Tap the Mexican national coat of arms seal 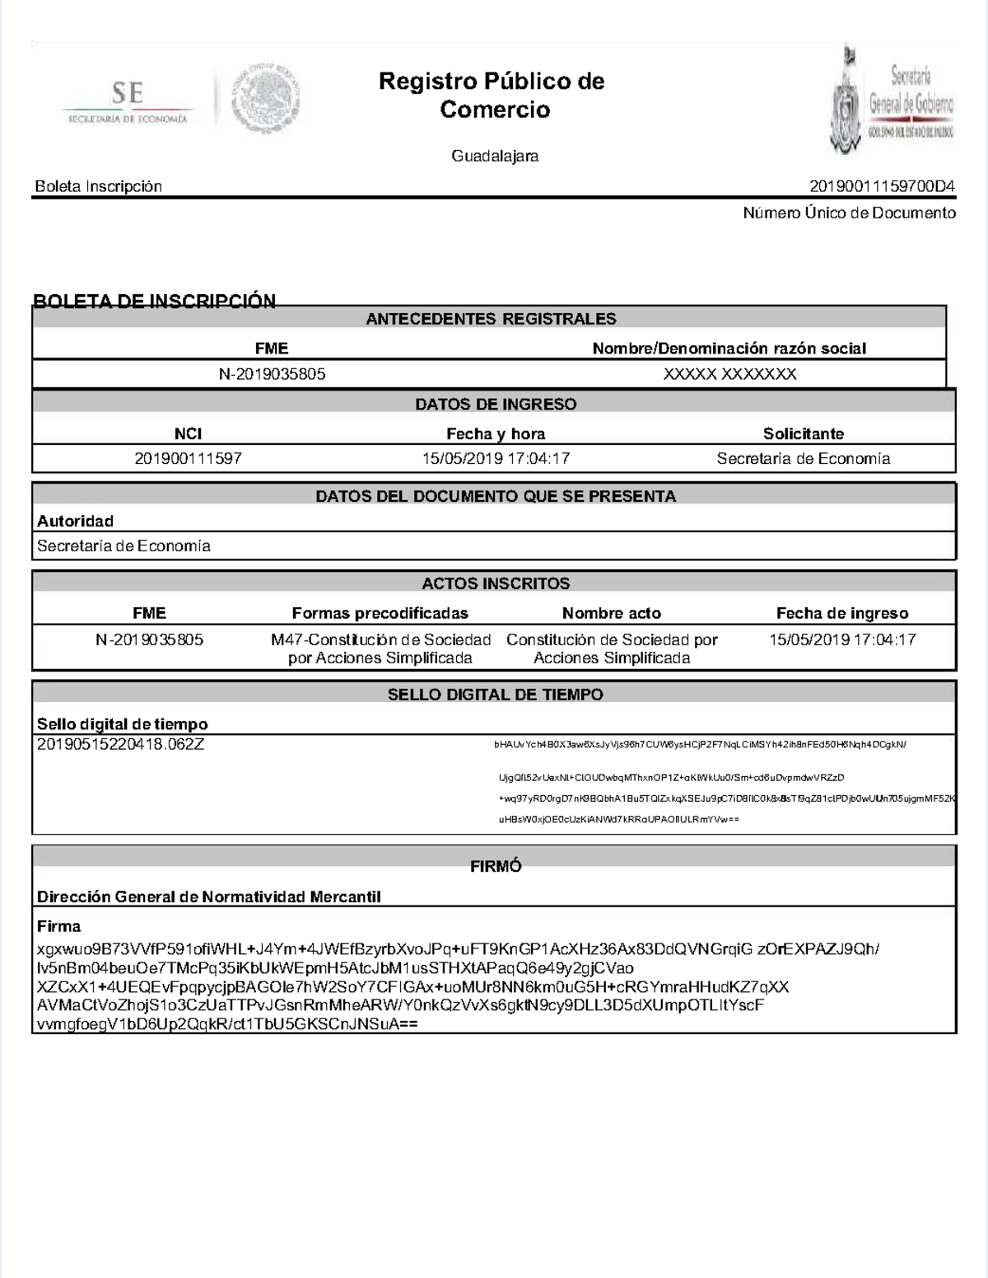[x=265, y=100]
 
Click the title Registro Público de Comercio [x=492, y=95]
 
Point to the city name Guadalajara [x=494, y=156]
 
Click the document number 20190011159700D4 [x=882, y=186]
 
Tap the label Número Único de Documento [x=849, y=213]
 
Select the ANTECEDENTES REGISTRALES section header [x=491, y=319]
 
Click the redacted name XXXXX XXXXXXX [x=729, y=374]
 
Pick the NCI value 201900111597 [x=188, y=458]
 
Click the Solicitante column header [x=803, y=433]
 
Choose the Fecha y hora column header [x=496, y=433]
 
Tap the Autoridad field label [x=75, y=521]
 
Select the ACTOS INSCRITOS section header [x=496, y=583]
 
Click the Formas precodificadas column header [x=380, y=613]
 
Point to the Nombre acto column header [x=611, y=613]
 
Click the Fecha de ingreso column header [x=841, y=613]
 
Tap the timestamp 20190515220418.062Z [x=120, y=744]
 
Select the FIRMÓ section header [x=496, y=866]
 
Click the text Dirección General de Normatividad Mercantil [x=208, y=896]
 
